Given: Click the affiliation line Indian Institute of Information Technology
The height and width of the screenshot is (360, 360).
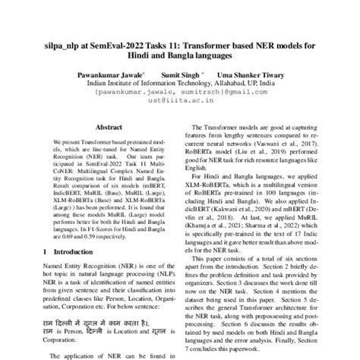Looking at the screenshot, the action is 179,86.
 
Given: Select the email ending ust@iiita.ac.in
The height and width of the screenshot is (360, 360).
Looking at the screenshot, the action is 180,106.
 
